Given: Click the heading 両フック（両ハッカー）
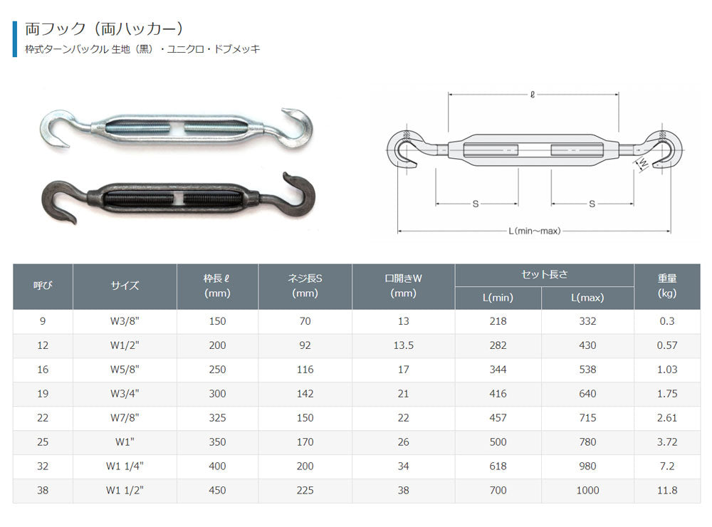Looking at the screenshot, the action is [104, 29].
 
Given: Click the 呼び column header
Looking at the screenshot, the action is [43, 286].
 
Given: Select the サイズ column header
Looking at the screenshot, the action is [125, 286].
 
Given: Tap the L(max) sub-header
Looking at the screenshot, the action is [587, 298].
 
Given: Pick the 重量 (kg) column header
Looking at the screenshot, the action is [666, 286].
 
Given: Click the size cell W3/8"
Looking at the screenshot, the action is [125, 321].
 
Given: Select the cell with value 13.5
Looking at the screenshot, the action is [403, 345].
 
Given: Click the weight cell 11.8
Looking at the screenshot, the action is [666, 490].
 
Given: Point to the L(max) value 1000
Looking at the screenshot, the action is [587, 490].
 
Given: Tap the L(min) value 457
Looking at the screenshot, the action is [498, 418].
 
